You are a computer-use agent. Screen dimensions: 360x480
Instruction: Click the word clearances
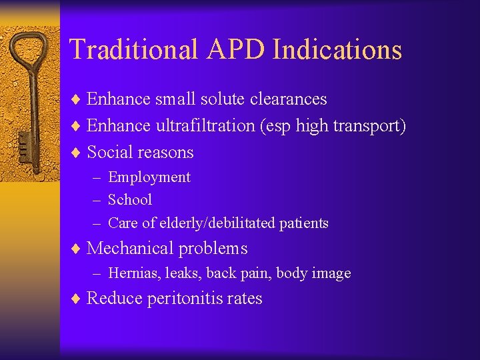(x=287, y=99)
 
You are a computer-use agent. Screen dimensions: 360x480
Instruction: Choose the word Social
(x=109, y=152)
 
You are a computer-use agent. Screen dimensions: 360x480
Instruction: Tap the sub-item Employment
(x=149, y=177)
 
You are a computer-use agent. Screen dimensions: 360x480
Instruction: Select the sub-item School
(x=130, y=199)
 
